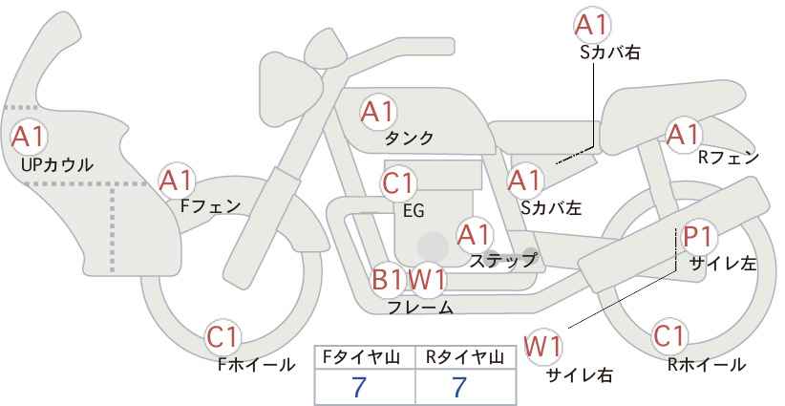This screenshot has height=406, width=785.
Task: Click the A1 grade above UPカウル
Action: pyautogui.click(x=29, y=138)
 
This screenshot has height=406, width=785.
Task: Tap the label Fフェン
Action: pyautogui.click(x=210, y=206)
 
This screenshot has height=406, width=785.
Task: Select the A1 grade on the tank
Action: pyautogui.click(x=378, y=112)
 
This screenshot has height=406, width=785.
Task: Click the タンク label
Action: pyautogui.click(x=409, y=138)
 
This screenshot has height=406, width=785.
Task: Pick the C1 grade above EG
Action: pyautogui.click(x=398, y=183)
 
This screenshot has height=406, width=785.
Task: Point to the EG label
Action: pyautogui.click(x=414, y=210)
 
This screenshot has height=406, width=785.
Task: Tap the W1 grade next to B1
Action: pyautogui.click(x=427, y=279)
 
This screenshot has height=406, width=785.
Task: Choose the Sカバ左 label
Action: pyautogui.click(x=551, y=207)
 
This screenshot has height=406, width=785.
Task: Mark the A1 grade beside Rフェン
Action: pyautogui.click(x=683, y=135)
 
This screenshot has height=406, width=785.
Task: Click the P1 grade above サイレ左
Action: pyautogui.click(x=698, y=237)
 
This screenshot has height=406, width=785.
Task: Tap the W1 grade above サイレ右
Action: pyautogui.click(x=543, y=347)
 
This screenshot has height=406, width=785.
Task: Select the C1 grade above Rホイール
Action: pyautogui.click(x=669, y=336)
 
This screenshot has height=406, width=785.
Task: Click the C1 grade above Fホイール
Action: pyautogui.click(x=223, y=337)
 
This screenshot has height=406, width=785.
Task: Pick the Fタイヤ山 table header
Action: pyautogui.click(x=361, y=357)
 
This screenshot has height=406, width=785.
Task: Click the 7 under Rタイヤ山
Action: pyautogui.click(x=459, y=387)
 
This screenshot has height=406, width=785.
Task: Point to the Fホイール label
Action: pyautogui.click(x=256, y=365)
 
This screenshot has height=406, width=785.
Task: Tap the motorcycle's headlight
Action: pyautogui.click(x=290, y=91)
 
